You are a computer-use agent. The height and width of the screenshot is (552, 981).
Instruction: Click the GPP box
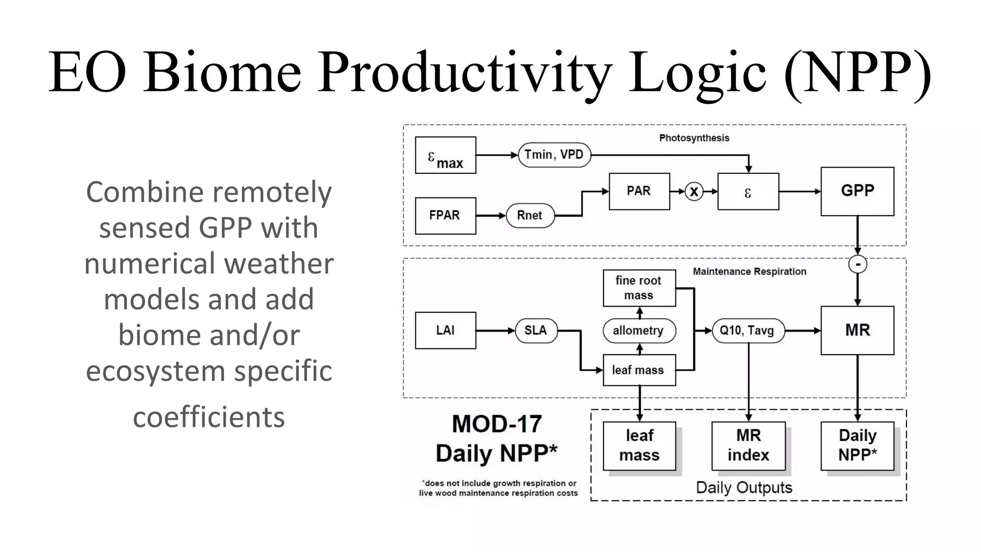point(857,191)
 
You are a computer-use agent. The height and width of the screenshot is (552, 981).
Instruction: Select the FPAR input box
point(445,216)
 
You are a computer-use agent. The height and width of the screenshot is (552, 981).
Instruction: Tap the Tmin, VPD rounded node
point(554,155)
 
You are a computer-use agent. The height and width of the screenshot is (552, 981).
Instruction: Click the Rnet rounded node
point(530,216)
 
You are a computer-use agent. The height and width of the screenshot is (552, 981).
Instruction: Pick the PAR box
point(639,191)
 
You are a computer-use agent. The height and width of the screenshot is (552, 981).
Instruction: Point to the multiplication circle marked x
point(694,192)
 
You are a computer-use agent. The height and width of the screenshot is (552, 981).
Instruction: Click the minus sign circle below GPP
point(857,264)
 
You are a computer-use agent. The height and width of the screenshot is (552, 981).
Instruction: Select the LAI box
point(445,330)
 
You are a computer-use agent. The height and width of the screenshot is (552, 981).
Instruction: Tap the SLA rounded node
point(536,330)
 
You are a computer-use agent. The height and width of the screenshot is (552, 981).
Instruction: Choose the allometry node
point(639,330)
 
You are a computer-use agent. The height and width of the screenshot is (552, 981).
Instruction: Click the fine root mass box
point(639,288)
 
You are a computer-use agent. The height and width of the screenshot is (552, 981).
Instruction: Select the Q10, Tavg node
point(748,330)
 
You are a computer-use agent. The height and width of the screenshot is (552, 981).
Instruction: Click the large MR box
point(857,330)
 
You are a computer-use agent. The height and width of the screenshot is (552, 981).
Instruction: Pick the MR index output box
point(748,446)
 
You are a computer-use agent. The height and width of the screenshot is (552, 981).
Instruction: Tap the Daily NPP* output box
point(857,446)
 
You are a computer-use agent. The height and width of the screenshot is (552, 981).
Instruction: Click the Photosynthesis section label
point(694,138)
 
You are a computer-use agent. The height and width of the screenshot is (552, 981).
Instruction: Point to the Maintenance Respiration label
point(749,272)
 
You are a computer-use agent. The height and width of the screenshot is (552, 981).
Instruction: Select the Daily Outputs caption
point(744,487)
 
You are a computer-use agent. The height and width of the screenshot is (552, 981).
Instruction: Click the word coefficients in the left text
point(209,417)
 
